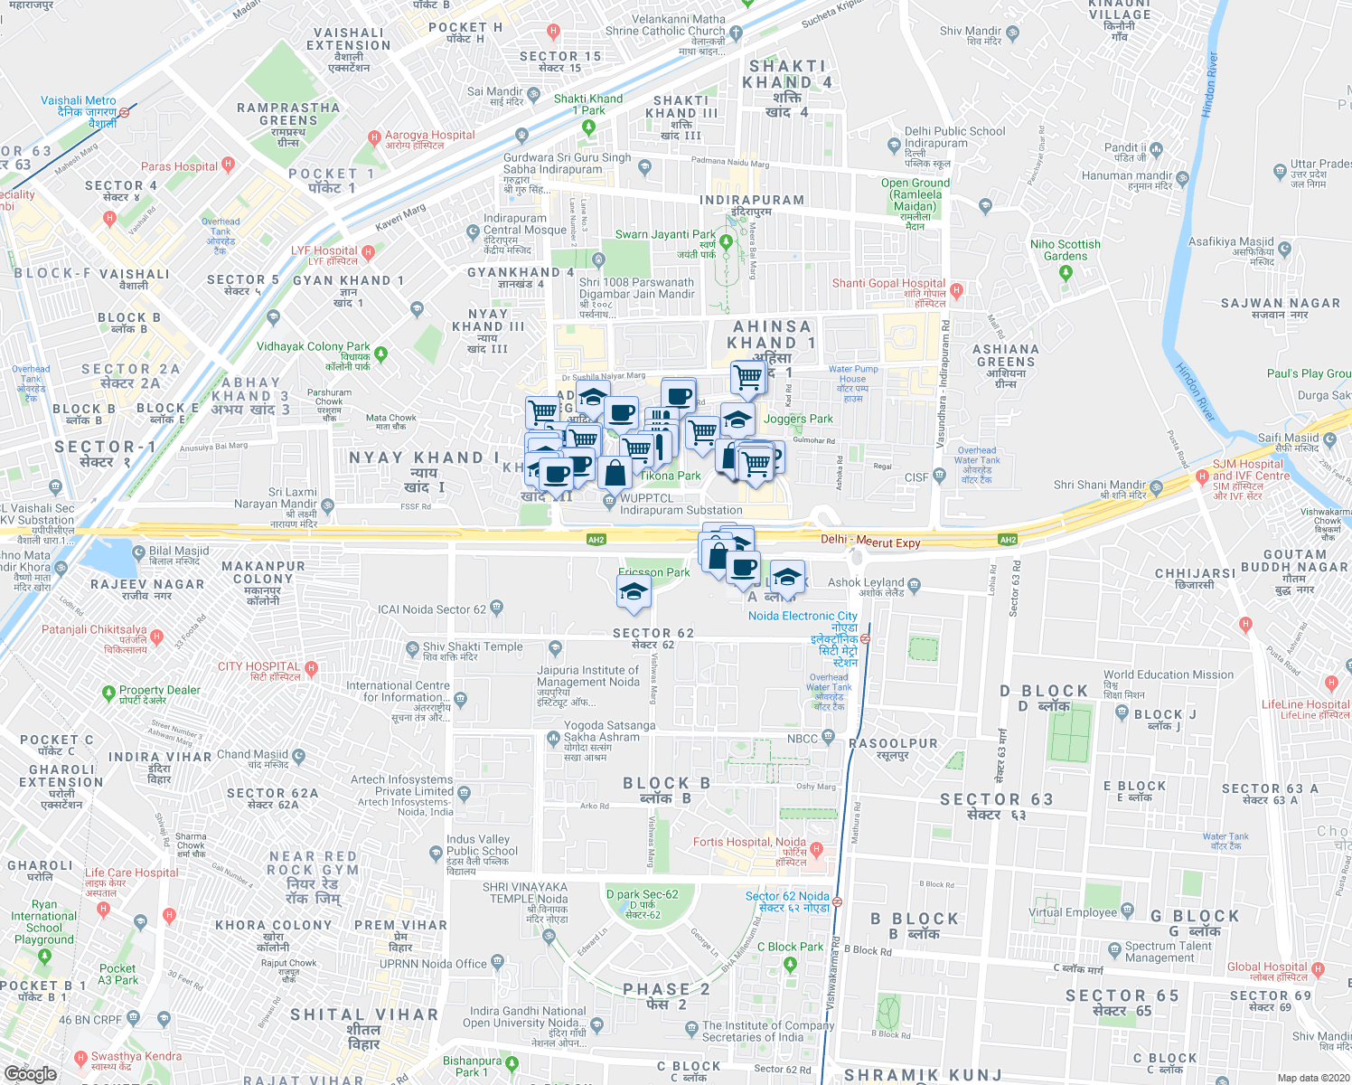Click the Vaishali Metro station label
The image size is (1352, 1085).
(x=79, y=100)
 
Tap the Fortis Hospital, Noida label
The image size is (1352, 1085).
(x=749, y=842)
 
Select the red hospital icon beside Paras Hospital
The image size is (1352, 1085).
(x=228, y=165)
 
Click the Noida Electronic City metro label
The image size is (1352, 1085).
(x=803, y=616)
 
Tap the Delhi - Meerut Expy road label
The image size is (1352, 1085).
(x=870, y=542)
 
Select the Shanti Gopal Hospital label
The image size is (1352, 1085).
(x=888, y=283)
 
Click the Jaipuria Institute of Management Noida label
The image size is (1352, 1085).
(x=588, y=676)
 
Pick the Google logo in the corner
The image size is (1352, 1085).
(x=31, y=1074)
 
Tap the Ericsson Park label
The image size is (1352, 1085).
(x=654, y=572)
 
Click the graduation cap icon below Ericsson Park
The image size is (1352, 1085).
(x=634, y=592)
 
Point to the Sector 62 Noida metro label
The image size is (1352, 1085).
(x=787, y=896)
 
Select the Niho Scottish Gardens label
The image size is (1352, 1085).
(x=1066, y=250)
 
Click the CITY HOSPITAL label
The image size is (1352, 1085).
(x=258, y=666)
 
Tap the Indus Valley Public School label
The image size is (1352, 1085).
(x=482, y=845)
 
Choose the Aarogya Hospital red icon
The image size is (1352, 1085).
(x=374, y=137)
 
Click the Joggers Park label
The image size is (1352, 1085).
(x=798, y=419)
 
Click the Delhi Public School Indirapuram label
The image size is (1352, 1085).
(x=954, y=137)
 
